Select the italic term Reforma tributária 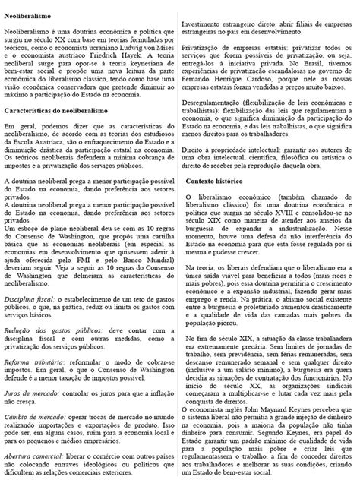click(x=29, y=384)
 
